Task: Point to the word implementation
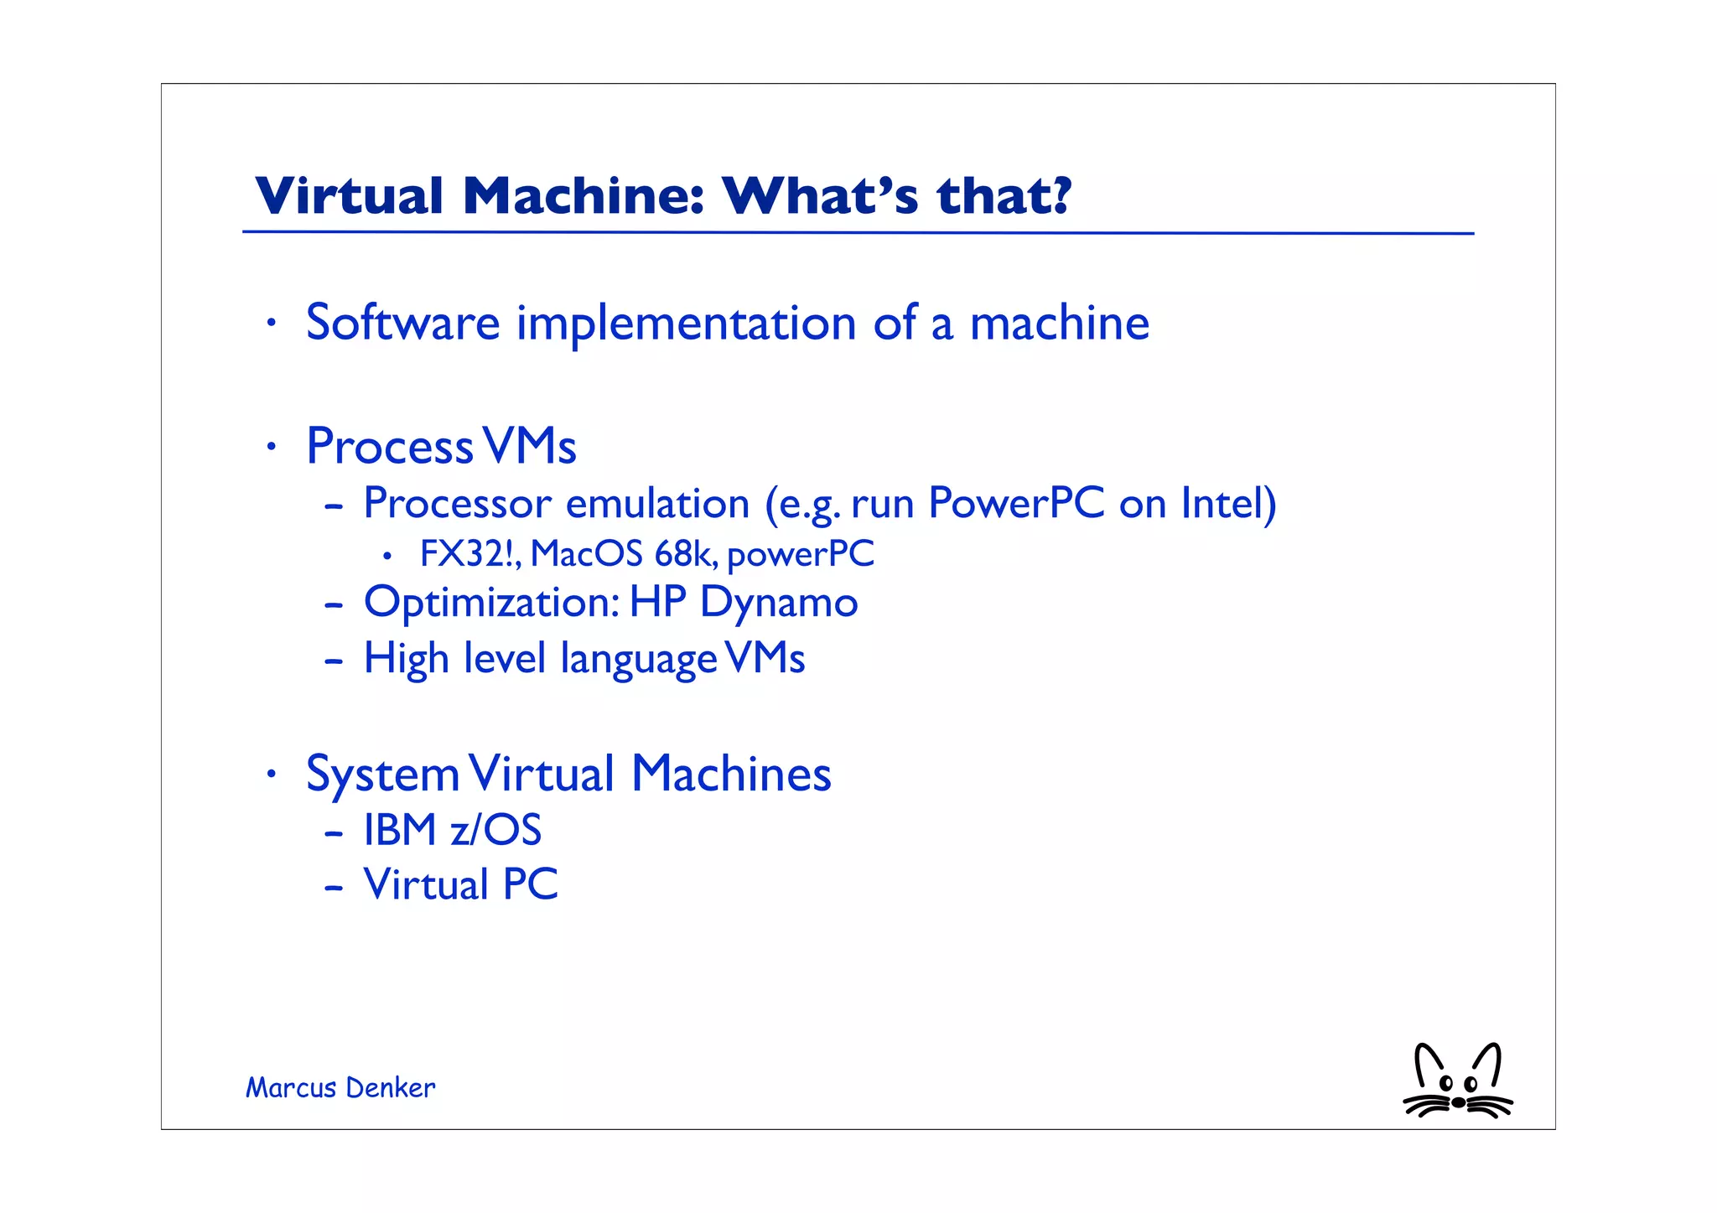point(686,324)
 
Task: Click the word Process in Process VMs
point(390,446)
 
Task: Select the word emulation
point(657,504)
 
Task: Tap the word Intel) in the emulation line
point(1228,504)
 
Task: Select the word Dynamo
point(779,604)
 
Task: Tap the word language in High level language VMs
point(638,660)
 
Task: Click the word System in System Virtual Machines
point(382,775)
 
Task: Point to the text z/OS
point(495,830)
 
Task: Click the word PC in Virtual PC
point(530,884)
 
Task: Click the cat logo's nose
point(1459,1102)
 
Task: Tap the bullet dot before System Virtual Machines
point(270,775)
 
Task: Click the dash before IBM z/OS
point(334,832)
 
